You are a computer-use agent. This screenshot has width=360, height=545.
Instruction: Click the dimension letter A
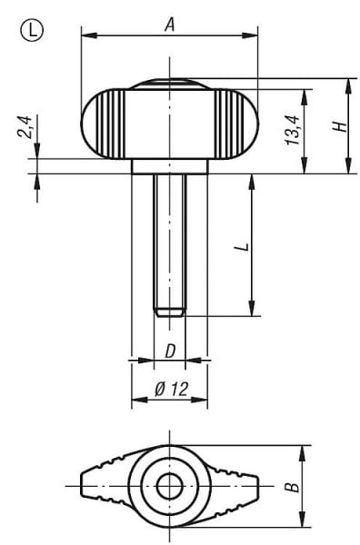coord(168,25)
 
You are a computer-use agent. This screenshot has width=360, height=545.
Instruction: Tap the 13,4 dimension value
coord(291,130)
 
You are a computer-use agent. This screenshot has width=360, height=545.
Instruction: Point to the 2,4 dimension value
coord(26,126)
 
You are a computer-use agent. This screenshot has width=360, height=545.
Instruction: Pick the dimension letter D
coord(169,352)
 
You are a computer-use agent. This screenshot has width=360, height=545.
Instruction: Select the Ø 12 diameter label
coord(170,389)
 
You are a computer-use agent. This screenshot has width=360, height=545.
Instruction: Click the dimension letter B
coord(291,487)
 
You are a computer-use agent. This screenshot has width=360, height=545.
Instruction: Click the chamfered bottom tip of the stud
coord(169,312)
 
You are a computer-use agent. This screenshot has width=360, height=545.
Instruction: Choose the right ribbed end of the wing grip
coord(238,124)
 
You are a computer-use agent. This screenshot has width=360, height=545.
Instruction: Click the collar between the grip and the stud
coord(169,166)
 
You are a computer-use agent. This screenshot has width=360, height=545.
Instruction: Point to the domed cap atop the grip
coord(169,84)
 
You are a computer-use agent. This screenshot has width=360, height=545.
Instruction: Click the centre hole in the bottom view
coord(169,486)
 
